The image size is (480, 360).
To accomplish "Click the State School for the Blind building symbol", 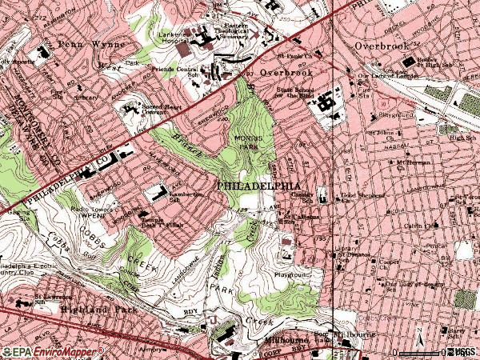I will coord(324,103).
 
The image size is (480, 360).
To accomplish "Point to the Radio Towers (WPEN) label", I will coord(90,213).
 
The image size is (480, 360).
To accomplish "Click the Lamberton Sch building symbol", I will coord(154,192).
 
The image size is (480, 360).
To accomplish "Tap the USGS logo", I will coord(463,352).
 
